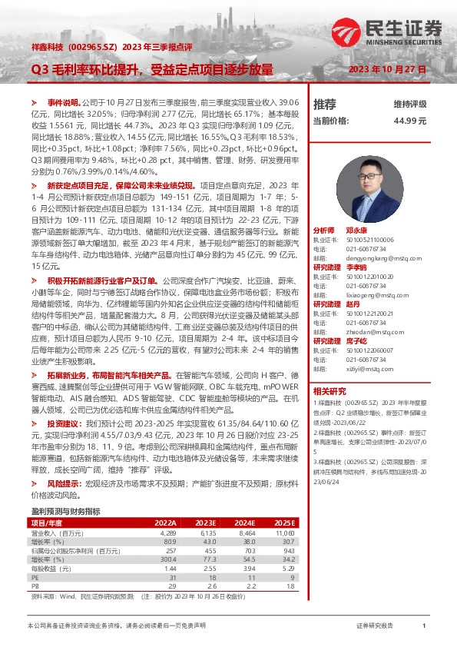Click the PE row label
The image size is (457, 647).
point(35,577)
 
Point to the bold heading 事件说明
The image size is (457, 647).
point(64,102)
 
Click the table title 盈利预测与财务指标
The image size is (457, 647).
point(65,511)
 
